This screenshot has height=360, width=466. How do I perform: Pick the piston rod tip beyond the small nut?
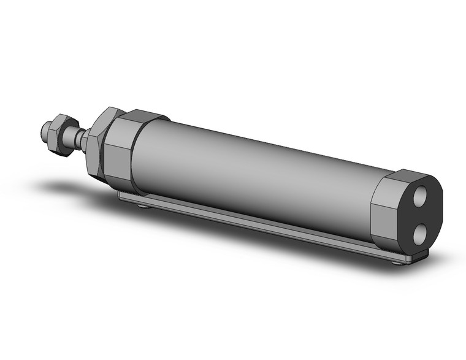point(44,131)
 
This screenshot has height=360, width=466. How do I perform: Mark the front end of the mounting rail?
point(123,196)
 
